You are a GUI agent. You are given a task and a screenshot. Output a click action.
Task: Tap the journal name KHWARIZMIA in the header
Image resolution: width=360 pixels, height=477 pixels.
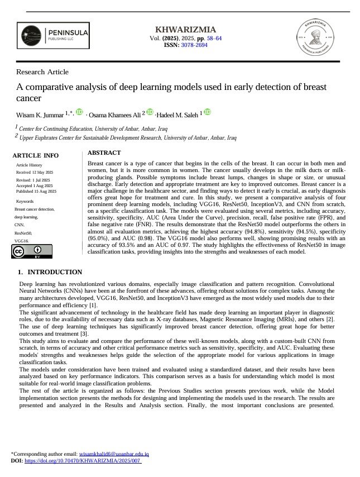tap(185, 30)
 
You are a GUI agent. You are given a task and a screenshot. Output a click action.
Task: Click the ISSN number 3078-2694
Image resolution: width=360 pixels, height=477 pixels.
tap(193, 45)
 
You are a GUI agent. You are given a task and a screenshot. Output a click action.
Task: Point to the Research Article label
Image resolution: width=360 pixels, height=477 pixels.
tap(42, 72)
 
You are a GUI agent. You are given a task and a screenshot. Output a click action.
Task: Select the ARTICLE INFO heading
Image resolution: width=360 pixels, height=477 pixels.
tap(35, 155)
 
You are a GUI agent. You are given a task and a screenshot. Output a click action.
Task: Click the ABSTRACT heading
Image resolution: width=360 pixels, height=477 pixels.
tap(104, 152)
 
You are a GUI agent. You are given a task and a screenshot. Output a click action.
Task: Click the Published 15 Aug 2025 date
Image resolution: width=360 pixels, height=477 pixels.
tap(36, 191)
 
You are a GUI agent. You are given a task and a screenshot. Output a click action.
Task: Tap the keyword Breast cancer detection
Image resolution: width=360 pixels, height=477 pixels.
tap(35, 209)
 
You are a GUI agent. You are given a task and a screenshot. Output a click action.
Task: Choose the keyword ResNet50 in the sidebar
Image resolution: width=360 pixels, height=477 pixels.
tap(23, 232)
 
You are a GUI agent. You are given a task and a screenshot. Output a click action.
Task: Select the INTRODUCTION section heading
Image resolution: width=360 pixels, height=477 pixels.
tap(55, 273)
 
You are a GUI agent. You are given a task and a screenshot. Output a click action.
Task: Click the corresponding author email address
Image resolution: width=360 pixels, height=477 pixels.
tap(114, 455)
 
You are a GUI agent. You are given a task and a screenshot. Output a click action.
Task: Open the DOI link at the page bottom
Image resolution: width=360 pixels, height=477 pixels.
tap(83, 461)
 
